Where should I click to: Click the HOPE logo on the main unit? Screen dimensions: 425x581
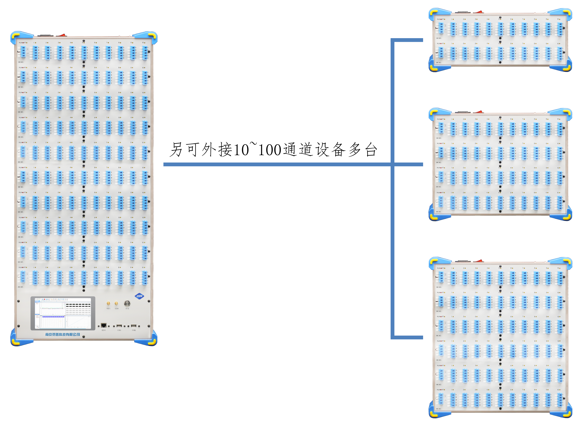[x=139, y=296]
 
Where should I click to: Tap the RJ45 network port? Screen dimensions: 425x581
[x=103, y=326]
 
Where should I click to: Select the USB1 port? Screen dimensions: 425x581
[x=119, y=326]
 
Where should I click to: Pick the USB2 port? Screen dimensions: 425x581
[x=134, y=326]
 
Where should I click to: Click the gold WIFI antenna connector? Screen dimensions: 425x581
[x=108, y=304]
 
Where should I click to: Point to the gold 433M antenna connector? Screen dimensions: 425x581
[x=116, y=304]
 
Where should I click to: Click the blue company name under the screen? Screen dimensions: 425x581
[x=63, y=334]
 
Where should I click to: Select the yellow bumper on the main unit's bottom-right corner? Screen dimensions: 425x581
[x=152, y=341]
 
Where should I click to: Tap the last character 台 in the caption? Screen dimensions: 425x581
[x=371, y=150]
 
